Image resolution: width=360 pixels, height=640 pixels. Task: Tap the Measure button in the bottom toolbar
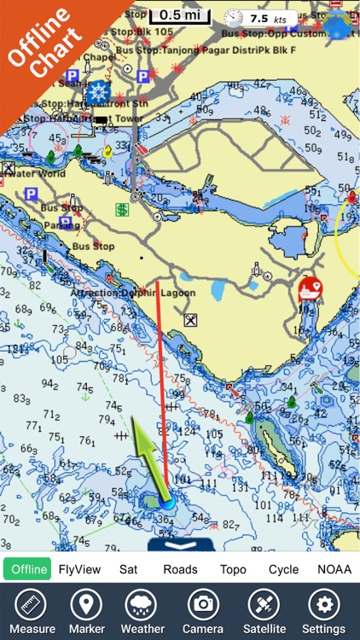[32, 612]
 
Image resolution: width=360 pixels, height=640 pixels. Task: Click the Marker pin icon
[86, 612]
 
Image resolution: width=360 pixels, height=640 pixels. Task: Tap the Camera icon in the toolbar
[203, 612]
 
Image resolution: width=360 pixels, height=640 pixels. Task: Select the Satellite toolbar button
[263, 612]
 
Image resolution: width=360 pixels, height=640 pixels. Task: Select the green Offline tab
[28, 569]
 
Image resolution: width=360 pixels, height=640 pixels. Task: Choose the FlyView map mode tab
[79, 569]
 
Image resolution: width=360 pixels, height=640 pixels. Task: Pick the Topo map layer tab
[233, 569]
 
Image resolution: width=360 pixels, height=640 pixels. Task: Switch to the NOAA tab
[334, 569]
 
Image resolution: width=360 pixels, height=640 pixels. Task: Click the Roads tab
[180, 569]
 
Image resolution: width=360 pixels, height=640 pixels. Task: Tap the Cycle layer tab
[283, 569]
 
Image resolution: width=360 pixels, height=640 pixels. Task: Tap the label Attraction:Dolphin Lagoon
[145, 293]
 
